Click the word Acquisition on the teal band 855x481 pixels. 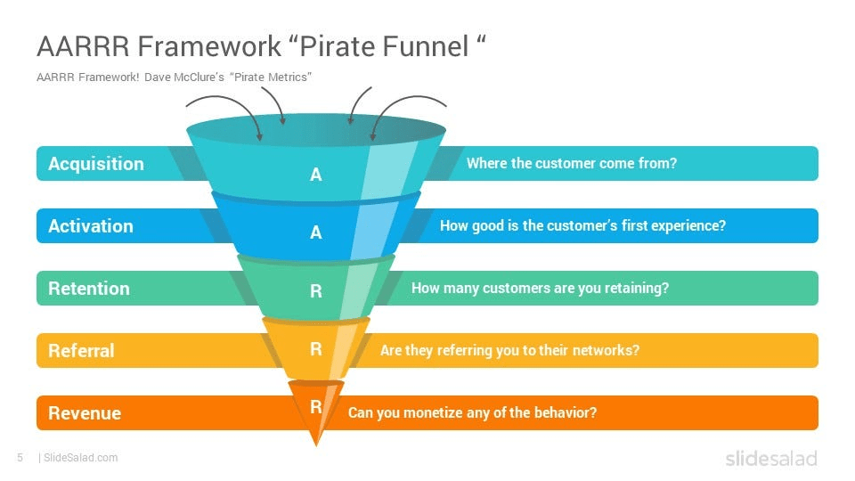pyautogui.click(x=95, y=164)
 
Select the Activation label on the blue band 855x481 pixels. pyautogui.click(x=90, y=226)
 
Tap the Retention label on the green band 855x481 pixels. pyautogui.click(x=88, y=289)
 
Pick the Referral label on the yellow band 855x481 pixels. pyautogui.click(x=81, y=351)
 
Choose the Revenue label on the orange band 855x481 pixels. pyautogui.click(x=84, y=413)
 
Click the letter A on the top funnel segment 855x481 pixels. pyautogui.click(x=315, y=175)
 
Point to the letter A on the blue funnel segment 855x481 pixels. pyautogui.click(x=315, y=232)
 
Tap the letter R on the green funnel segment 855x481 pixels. pyautogui.click(x=315, y=291)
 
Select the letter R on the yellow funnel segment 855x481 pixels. pyautogui.click(x=315, y=350)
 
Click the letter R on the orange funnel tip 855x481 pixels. pyautogui.click(x=315, y=407)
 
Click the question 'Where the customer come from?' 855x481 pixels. pyautogui.click(x=572, y=164)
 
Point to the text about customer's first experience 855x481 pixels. pyautogui.click(x=582, y=226)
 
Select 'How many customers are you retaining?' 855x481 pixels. pyautogui.click(x=540, y=289)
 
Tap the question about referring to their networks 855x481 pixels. pyautogui.click(x=509, y=351)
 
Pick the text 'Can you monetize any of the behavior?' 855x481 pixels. pyautogui.click(x=472, y=413)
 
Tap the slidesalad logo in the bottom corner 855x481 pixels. pyautogui.click(x=770, y=459)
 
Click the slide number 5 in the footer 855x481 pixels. pyautogui.click(x=20, y=458)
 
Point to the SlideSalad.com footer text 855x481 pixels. pyautogui.click(x=80, y=458)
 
